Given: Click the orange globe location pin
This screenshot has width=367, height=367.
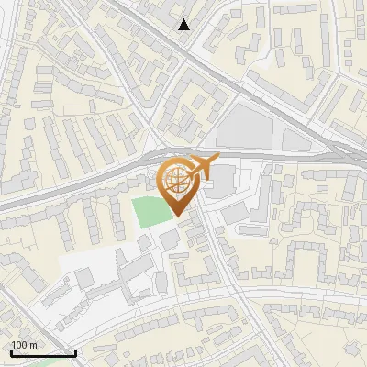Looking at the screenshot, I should pyautogui.click(x=180, y=183).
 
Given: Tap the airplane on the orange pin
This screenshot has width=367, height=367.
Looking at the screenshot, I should pyautogui.click(x=200, y=168).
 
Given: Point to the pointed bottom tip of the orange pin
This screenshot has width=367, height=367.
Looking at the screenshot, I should pyautogui.click(x=179, y=216).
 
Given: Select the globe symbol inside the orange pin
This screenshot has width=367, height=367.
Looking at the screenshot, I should pyautogui.click(x=179, y=183).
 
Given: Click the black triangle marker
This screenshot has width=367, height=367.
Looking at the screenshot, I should pyautogui.click(x=185, y=25).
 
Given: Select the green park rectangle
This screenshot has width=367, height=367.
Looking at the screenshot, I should pyautogui.click(x=152, y=212).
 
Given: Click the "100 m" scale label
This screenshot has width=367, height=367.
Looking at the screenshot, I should pyautogui.click(x=24, y=346).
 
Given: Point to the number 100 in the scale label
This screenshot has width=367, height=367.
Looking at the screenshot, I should pyautogui.click(x=19, y=346).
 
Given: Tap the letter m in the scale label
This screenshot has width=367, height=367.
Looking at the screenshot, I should pyautogui.click(x=33, y=346).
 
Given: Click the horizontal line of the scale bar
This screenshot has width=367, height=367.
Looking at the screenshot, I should pyautogui.click(x=43, y=353).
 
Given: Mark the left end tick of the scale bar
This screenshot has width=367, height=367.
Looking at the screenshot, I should pyautogui.click(x=11, y=351).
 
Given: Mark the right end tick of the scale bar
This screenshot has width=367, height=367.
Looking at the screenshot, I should pyautogui.click(x=75, y=351).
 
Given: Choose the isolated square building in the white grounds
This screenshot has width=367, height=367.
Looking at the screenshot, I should pyautogui.click(x=85, y=277).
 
